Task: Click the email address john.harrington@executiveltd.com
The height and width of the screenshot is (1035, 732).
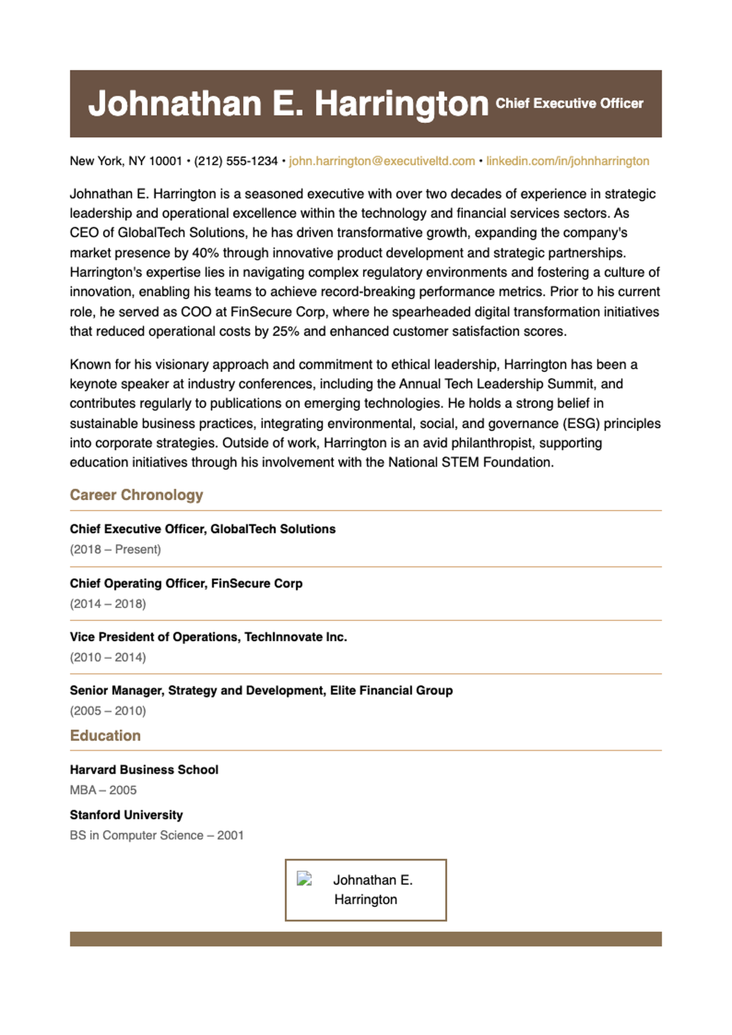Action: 382,161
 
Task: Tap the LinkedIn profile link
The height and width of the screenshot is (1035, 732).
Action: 567,161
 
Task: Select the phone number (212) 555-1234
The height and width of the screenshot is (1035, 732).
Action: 235,161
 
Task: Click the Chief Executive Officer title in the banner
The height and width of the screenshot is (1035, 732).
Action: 569,104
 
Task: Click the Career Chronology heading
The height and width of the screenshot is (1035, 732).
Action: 136,495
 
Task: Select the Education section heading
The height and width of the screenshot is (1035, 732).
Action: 105,736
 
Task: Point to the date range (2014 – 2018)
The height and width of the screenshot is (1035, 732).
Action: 108,604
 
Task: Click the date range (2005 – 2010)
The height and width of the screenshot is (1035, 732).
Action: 108,711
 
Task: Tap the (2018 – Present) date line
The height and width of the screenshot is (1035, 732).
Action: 115,550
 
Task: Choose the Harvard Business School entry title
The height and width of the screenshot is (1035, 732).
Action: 144,770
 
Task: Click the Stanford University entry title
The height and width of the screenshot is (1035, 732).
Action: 126,815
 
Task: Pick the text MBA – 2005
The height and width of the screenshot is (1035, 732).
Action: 103,790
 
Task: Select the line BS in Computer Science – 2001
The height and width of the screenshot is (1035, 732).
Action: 157,835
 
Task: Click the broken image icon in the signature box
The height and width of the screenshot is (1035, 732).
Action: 304,879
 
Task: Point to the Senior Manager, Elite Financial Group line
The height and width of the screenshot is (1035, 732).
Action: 261,690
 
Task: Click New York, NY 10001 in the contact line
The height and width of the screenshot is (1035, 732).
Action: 126,161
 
